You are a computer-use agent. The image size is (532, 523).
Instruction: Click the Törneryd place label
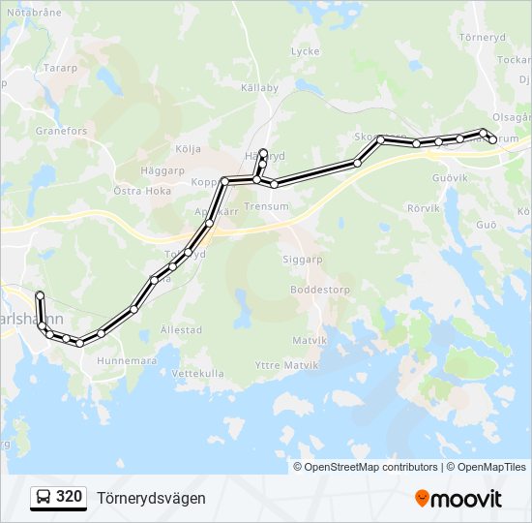coord(484,37)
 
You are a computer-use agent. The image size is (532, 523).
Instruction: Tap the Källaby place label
coord(259,87)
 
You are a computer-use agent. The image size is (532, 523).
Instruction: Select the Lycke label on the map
coord(305,51)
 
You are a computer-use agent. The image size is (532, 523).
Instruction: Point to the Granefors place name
coord(61,131)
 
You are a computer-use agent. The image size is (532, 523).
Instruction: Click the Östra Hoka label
coord(142,191)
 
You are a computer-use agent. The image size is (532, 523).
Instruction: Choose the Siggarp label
coord(302,261)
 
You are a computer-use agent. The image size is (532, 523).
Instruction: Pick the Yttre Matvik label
coord(280,365)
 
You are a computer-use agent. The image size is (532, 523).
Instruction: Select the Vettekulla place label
coord(197,373)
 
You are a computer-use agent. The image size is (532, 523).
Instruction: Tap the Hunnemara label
coord(127,360)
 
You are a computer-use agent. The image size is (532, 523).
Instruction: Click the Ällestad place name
coord(181,329)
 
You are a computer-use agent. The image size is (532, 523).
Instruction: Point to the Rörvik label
coord(424,208)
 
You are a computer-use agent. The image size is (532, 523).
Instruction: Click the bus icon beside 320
coord(44,498)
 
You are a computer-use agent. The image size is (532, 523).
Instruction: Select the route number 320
coord(69,498)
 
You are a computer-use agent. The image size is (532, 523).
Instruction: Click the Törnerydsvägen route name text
coord(151,498)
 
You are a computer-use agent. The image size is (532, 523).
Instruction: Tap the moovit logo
coord(458,499)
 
